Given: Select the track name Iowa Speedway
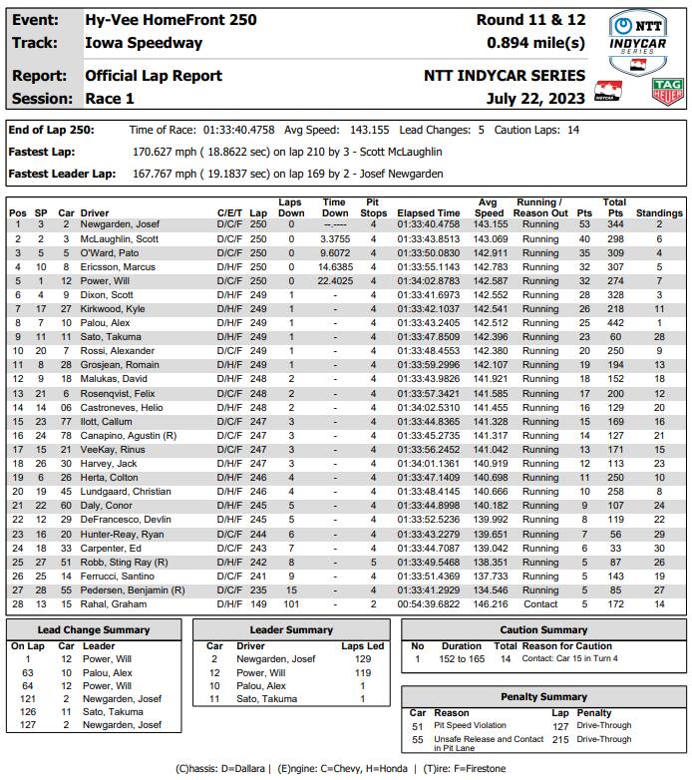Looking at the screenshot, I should [x=144, y=43].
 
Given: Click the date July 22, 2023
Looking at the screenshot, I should [x=537, y=98].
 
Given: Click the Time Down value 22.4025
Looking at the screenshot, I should [x=335, y=281].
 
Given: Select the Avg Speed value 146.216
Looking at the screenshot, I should [x=490, y=604].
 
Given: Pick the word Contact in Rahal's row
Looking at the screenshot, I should [x=540, y=604].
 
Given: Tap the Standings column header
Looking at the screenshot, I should [x=659, y=213].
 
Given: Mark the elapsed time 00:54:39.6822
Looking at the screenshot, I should [x=429, y=604].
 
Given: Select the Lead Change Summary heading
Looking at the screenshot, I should [x=93, y=629].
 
